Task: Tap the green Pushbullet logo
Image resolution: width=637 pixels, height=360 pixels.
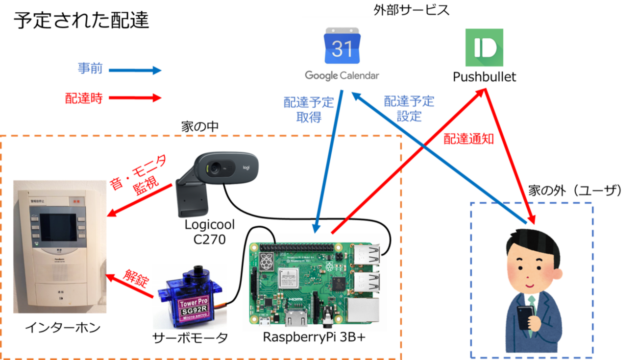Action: (x=484, y=48)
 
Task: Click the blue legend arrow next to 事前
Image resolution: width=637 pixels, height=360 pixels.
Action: (x=134, y=71)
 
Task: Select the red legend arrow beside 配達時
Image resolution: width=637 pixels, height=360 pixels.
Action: (x=134, y=98)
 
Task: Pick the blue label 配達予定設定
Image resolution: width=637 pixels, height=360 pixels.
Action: (x=409, y=109)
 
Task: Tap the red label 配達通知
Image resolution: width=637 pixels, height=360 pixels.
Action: (x=468, y=140)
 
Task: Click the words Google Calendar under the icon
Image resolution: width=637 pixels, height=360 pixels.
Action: (x=342, y=75)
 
